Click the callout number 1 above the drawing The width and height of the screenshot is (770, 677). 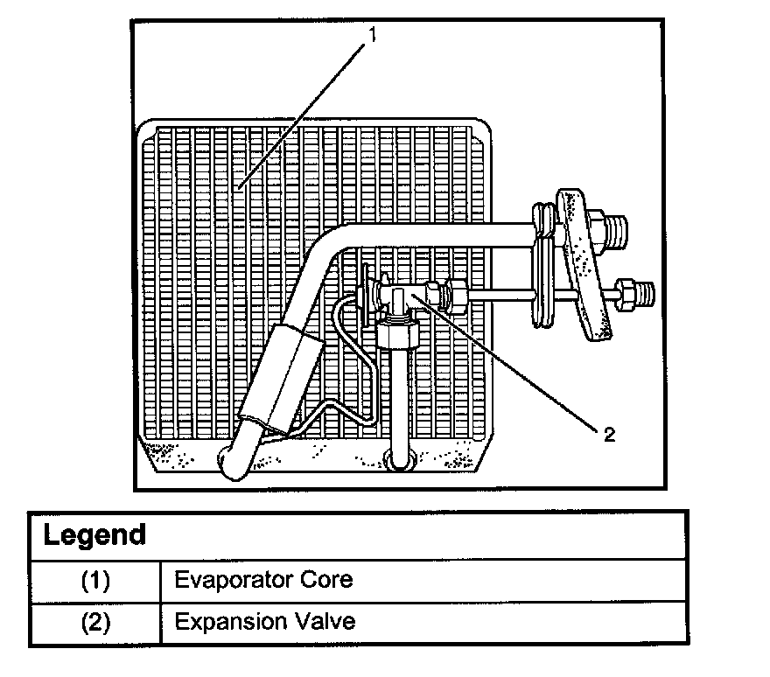(373, 34)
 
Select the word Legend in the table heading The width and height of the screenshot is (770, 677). (94, 534)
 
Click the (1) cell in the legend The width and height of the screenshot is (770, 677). (95, 580)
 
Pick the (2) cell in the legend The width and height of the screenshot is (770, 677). (95, 623)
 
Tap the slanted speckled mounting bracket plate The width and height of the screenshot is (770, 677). (582, 262)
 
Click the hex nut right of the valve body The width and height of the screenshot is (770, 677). (455, 294)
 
